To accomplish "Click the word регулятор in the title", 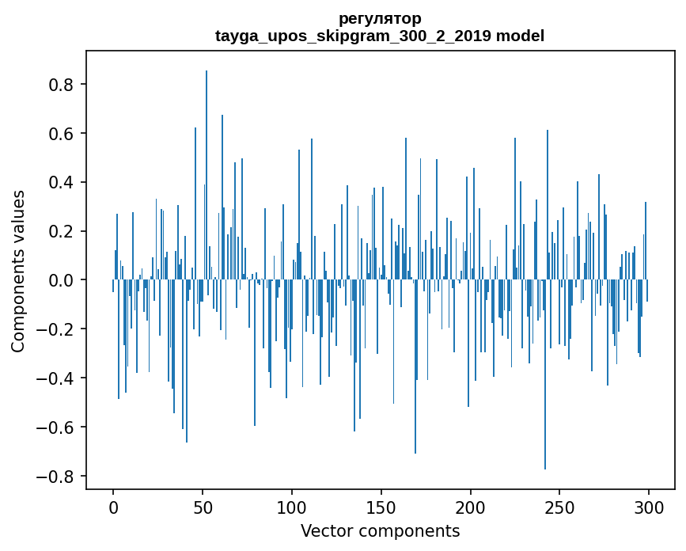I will (x=380, y=18).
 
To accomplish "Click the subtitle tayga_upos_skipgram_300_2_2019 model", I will (x=380, y=36).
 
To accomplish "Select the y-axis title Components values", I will (x=18, y=271).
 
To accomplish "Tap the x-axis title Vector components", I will (x=380, y=530).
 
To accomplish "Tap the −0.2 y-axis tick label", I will (x=58, y=329).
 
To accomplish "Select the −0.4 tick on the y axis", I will (x=58, y=378).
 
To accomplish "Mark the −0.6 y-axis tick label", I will (x=58, y=427).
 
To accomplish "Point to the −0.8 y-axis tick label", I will (x=58, y=477).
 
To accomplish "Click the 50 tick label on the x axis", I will (x=203, y=507).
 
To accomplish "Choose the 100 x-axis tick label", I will (x=292, y=507).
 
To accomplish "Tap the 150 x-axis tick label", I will (x=381, y=507).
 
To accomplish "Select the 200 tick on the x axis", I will (x=471, y=507).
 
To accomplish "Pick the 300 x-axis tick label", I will (x=649, y=507).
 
